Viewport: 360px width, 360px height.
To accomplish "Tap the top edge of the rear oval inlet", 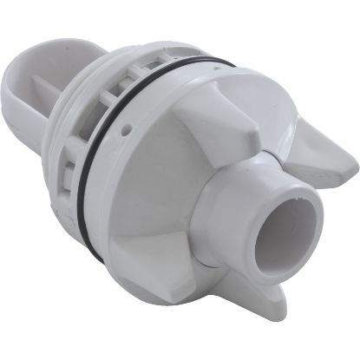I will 52,43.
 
